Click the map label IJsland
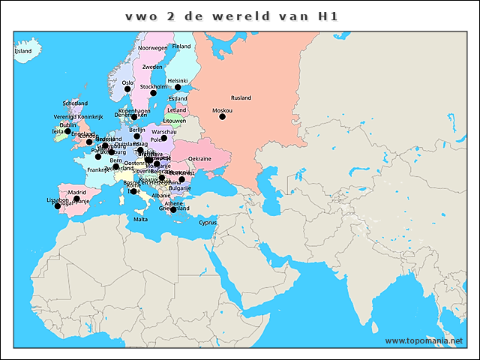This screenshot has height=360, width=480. [23, 52]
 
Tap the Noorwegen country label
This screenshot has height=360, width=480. [153, 48]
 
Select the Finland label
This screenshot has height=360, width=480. [181, 46]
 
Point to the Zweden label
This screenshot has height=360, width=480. [152, 67]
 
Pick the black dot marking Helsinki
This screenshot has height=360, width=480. [178, 88]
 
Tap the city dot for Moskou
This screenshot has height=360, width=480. [222, 116]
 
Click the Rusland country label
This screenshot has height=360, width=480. [241, 97]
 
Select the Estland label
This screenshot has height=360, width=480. [178, 98]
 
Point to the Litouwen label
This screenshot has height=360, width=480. [174, 120]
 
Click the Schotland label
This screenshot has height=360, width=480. [75, 103]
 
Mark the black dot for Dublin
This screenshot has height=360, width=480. [68, 131]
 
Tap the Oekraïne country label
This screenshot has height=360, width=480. [199, 159]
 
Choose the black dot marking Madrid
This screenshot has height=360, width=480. [76, 199]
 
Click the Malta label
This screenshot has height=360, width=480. [141, 220]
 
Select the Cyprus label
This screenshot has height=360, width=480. [207, 222]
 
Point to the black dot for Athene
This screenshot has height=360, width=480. [173, 209]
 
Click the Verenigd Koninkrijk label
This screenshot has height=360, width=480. [78, 117]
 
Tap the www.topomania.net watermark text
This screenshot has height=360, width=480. [424, 340]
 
